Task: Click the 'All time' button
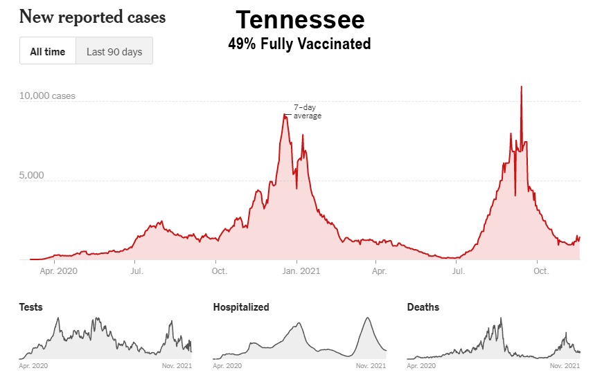tap(48, 51)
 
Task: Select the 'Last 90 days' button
tap(114, 51)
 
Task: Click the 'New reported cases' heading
tap(92, 17)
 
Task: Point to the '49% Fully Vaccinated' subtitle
tap(299, 44)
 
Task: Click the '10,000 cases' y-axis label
tap(47, 95)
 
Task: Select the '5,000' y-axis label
tap(31, 175)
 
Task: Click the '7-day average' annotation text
tap(307, 111)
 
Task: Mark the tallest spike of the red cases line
tap(521, 87)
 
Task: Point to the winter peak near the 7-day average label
tap(284, 116)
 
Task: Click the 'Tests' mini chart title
tap(30, 307)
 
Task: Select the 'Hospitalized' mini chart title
tap(241, 307)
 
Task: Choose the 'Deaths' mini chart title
tap(423, 307)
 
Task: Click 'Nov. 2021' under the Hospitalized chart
tap(371, 365)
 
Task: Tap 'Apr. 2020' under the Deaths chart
tap(423, 365)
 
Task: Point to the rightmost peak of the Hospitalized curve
tap(367, 318)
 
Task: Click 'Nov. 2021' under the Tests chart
tap(177, 365)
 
